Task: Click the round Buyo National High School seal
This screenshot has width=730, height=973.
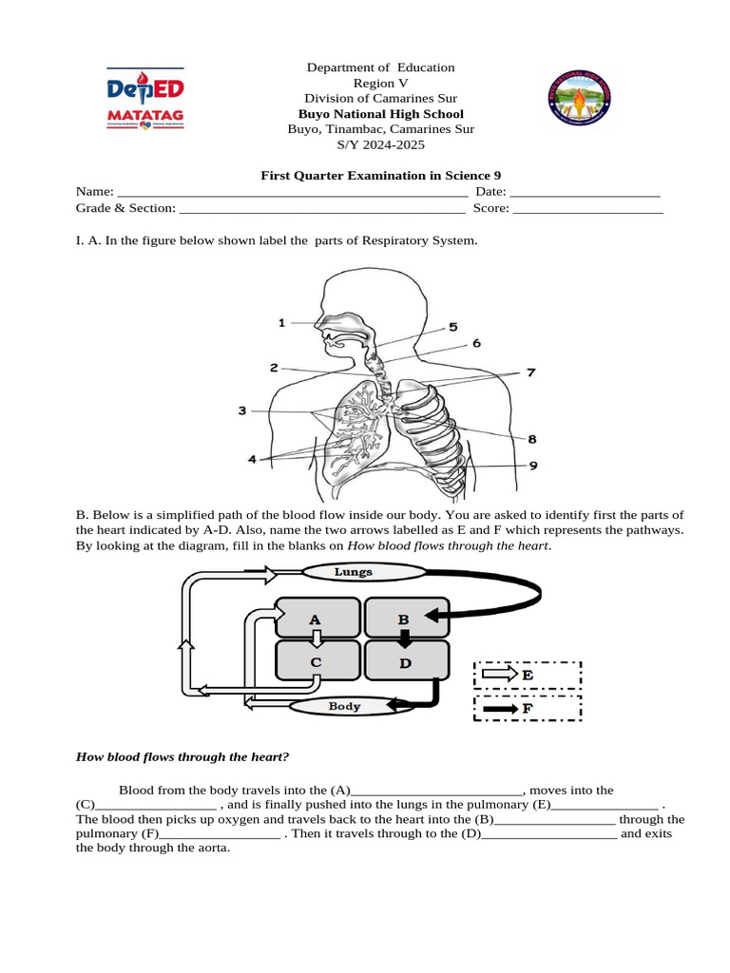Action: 583,99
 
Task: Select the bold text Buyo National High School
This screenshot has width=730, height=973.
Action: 380,114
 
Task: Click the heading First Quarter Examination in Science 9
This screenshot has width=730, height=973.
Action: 380,175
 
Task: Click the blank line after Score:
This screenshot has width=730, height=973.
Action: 586,208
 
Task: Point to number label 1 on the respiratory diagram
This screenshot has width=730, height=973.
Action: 281,323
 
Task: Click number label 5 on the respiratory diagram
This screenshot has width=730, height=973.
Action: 453,326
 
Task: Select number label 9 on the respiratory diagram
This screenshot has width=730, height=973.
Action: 533,466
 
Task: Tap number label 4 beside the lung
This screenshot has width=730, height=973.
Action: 252,459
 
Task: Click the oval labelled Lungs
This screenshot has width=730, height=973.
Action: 353,572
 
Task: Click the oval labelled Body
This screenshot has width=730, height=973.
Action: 344,706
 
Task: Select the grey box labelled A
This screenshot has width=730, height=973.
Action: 317,619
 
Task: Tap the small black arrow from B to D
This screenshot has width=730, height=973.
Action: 403,639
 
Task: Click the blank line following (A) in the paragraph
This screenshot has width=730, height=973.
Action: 437,791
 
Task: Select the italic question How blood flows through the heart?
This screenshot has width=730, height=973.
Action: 182,756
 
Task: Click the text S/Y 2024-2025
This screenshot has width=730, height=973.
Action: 380,144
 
